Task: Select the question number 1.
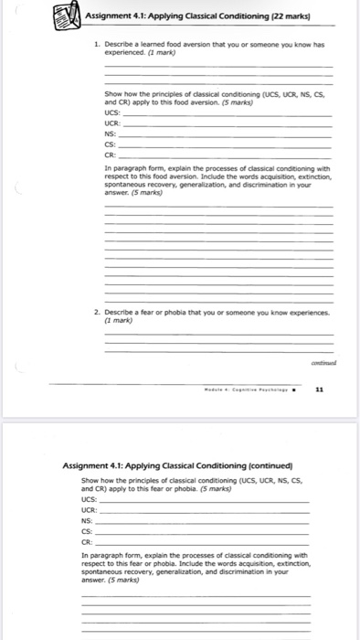click(97, 44)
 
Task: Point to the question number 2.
click(97, 312)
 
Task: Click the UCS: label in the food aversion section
click(112, 124)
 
